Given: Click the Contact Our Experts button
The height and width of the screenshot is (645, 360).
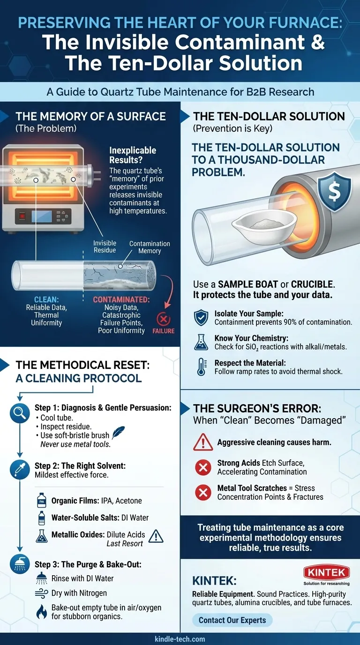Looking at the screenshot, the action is [x=232, y=620].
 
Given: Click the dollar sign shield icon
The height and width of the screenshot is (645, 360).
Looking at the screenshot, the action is [x=334, y=192].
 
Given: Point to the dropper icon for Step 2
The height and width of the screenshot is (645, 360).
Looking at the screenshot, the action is [x=20, y=469].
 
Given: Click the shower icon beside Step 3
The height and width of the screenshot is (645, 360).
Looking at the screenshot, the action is [x=20, y=564].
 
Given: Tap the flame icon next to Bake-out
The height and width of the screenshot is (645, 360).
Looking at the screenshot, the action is [x=41, y=612].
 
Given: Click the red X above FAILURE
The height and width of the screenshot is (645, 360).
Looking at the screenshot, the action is [x=163, y=319].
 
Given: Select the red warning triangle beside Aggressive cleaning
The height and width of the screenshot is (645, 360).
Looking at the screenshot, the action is [x=203, y=442].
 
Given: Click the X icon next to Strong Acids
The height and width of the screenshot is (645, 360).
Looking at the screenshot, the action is [x=203, y=467].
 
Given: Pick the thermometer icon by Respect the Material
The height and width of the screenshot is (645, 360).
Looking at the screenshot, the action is [x=201, y=367].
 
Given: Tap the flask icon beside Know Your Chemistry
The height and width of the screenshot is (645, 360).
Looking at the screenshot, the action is [x=201, y=342].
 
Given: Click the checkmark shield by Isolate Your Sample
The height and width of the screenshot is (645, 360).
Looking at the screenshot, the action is [x=201, y=318].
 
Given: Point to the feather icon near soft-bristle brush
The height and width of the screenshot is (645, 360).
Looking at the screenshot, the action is [x=118, y=432].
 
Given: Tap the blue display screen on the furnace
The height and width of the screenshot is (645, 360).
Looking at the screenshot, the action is [x=42, y=217].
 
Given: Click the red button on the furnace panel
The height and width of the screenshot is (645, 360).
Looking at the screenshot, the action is [x=22, y=216].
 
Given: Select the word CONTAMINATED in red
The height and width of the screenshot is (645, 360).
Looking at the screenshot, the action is [x=121, y=300].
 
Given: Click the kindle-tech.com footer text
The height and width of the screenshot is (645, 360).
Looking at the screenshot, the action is [x=180, y=639].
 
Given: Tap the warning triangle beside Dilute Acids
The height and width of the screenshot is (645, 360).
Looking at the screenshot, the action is [x=156, y=536].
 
